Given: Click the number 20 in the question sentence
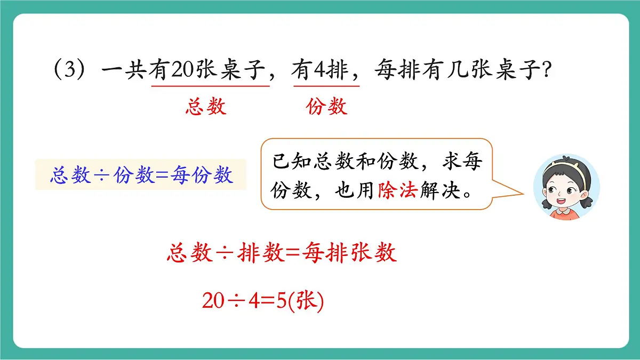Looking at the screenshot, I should (x=182, y=71).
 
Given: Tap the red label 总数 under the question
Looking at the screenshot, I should (x=206, y=107).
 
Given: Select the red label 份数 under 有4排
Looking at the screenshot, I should (x=326, y=107).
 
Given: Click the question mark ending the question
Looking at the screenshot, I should (x=545, y=71).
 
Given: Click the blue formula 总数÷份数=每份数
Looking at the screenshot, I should (x=141, y=175).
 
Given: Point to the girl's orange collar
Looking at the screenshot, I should (x=563, y=212).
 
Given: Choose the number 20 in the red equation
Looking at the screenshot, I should (x=213, y=302).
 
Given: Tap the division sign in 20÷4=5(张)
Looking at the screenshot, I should (x=237, y=302).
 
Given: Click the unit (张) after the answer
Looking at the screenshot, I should (x=306, y=302).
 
